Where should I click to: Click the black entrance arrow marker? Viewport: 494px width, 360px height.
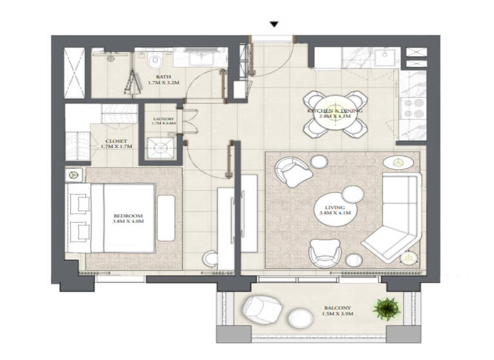tap(274, 24)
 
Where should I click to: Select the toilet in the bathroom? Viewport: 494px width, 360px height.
tap(154, 62)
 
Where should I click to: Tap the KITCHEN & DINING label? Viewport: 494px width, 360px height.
tap(334, 114)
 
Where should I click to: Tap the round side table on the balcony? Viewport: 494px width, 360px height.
tap(299, 318)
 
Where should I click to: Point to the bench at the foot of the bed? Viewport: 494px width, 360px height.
tap(166, 218)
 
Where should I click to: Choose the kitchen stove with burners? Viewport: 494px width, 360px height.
tap(410, 112)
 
